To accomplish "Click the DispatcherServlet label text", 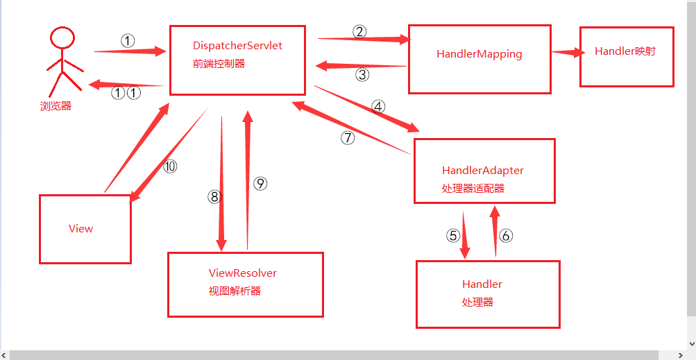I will pos(237,46).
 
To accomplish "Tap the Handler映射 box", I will pos(626,57).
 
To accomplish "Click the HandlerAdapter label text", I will pos(482,170).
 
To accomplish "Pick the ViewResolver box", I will pos(245,284).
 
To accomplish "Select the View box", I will pos(85,229).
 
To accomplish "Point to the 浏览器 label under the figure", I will pos(56,106).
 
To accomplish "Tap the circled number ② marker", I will pos(359,31).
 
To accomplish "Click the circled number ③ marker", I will pos(362,74).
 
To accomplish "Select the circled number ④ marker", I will pos(377,107).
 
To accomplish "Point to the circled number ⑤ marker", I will pos(453,236).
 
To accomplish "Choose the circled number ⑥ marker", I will pos(505,236).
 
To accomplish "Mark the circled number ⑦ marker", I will pos(348,137).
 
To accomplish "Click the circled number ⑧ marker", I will pos(214,197).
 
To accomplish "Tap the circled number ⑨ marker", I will pos(260,183).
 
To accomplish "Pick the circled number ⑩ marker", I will pos(170,166).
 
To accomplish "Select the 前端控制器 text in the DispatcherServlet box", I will pos(219,64).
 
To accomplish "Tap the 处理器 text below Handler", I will pos(477,302).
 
